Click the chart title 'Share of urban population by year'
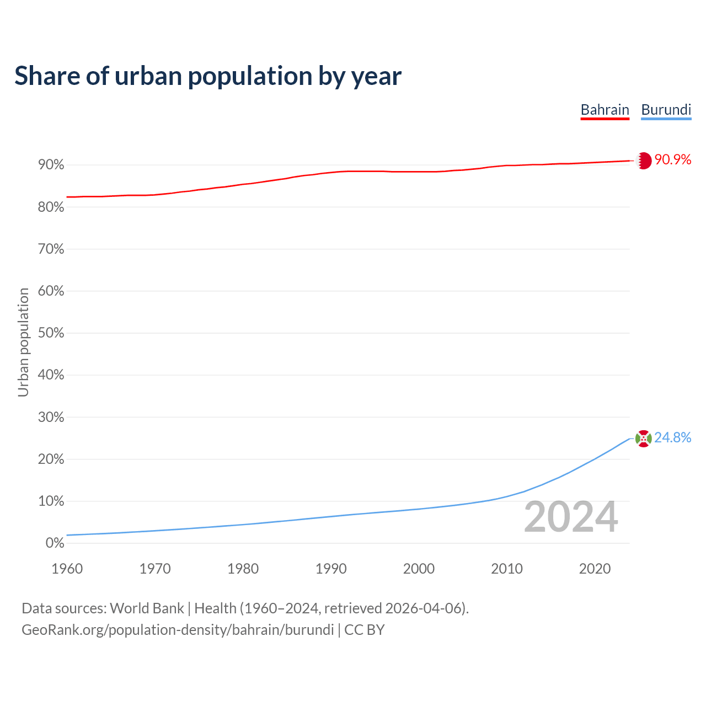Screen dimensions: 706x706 [x=208, y=76]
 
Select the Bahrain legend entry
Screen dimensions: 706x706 [x=605, y=110]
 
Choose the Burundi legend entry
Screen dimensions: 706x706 [x=666, y=110]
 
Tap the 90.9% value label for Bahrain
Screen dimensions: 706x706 [x=672, y=160]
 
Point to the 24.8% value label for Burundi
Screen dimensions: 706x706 [x=672, y=437]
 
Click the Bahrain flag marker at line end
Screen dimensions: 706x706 [x=644, y=161]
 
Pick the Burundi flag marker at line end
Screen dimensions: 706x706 [x=644, y=438]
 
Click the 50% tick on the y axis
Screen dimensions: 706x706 [x=51, y=333]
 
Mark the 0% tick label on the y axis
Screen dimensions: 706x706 [x=55, y=543]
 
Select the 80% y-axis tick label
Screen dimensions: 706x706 [x=51, y=207]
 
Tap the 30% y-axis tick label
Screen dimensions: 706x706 [x=51, y=418]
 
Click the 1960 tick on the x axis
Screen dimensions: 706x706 [x=67, y=569]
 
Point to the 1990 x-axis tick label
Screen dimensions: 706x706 [x=331, y=569]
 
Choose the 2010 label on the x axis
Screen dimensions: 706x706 [x=507, y=569]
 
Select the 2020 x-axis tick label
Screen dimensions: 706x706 [x=595, y=569]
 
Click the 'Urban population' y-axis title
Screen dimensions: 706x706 [x=23, y=342]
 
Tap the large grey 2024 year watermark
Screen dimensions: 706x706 [x=571, y=517]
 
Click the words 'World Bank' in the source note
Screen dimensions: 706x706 [x=147, y=608]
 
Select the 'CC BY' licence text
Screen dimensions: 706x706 [x=364, y=630]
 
